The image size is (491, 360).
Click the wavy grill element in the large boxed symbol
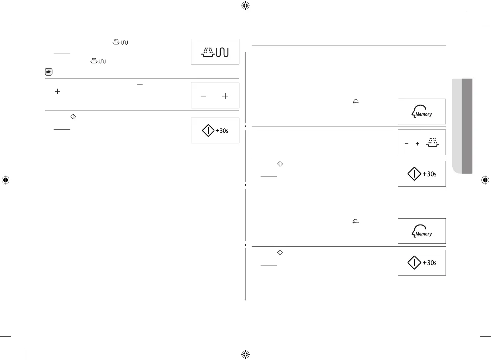click(x=222, y=52)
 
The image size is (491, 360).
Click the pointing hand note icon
click(x=48, y=72)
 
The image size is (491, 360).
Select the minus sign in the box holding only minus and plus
click(x=203, y=96)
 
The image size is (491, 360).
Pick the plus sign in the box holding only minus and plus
click(x=225, y=96)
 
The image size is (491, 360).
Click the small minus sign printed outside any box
click(x=140, y=85)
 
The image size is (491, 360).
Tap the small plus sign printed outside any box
click(x=58, y=91)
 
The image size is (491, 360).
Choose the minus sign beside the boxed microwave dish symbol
click(x=406, y=144)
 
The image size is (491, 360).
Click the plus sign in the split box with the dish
click(x=417, y=144)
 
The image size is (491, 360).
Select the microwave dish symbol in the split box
click(x=433, y=143)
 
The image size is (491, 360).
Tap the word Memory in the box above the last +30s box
click(x=424, y=234)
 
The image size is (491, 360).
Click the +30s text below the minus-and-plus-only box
click(x=222, y=131)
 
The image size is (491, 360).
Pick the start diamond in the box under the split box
click(x=414, y=174)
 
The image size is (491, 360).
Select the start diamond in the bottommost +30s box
click(x=414, y=262)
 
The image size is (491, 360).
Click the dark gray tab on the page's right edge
click(x=467, y=126)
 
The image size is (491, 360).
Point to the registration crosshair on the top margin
click(x=245, y=6)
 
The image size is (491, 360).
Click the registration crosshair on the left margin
click(x=6, y=180)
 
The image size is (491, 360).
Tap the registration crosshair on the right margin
click(x=485, y=180)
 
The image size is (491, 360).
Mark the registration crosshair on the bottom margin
click(x=245, y=354)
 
